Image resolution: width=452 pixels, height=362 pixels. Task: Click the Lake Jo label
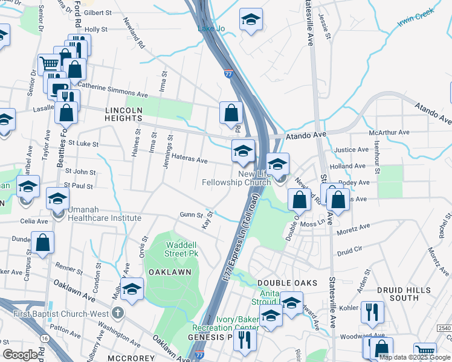(x=211, y=28)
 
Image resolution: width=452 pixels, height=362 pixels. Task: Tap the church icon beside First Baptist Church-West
(x=118, y=313)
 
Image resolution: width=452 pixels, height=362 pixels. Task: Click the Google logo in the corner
(x=20, y=354)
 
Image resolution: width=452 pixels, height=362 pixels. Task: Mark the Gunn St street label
(x=190, y=214)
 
